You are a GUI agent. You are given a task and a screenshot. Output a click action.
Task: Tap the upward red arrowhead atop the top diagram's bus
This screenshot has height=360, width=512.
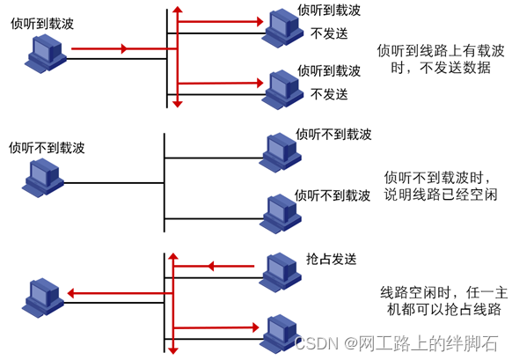point(177,10)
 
